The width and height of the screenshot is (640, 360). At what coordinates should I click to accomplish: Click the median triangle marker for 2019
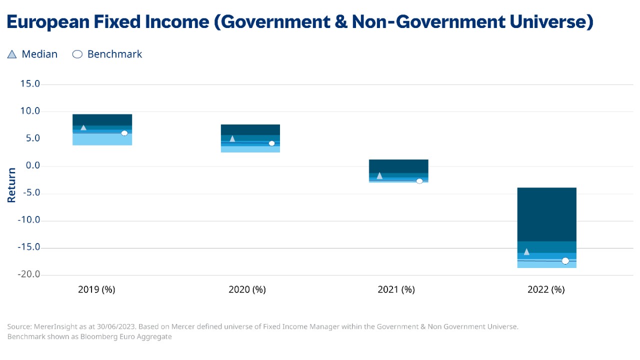coord(83,128)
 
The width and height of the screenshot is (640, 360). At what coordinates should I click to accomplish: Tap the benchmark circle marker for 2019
coord(124,133)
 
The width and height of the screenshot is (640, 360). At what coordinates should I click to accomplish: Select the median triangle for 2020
coord(232,138)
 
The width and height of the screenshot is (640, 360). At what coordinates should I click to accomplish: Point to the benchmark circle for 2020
coord(271,143)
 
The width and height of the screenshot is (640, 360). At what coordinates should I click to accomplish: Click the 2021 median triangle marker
coord(379,175)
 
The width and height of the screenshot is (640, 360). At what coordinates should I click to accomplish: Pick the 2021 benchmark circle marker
coord(419,181)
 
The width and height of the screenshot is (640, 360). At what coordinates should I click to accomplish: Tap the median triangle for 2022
coord(526,251)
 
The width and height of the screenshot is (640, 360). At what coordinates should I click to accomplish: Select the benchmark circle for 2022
coord(565,261)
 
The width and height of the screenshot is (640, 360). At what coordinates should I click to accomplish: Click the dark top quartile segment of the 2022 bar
coord(546,214)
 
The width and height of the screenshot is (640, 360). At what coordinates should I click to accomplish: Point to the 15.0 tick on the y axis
coord(30,84)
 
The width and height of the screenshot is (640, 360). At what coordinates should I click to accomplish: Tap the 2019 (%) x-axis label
coord(96,289)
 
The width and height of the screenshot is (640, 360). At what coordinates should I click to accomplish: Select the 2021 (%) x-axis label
coord(396,289)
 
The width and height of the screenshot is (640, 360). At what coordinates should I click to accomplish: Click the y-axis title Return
coord(11,184)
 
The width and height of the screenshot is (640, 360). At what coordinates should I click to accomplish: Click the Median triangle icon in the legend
coord(12,54)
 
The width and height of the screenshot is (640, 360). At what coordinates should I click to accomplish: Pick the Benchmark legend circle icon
coord(77,54)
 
